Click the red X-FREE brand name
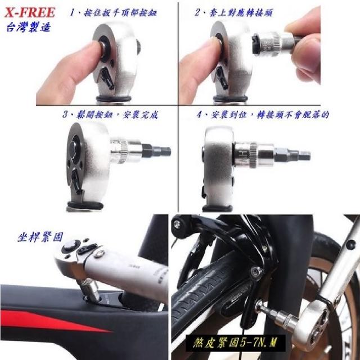point(30,12)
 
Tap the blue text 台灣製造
point(29,27)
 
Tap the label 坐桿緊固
point(40,237)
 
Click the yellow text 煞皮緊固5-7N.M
point(235,343)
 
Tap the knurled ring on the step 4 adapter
point(254,155)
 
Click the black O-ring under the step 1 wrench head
point(114,99)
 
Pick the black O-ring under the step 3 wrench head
point(85,205)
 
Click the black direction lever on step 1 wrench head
point(107,78)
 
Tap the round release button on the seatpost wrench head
point(70,246)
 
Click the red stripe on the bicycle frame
point(55,320)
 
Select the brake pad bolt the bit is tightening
point(256,272)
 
